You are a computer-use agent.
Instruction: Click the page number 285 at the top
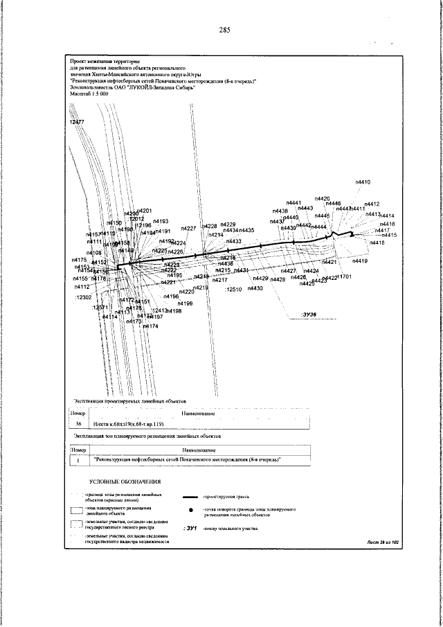click(x=224, y=30)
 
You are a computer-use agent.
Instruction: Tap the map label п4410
click(x=363, y=182)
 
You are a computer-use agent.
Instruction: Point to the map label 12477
click(x=77, y=122)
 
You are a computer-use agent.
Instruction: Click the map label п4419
click(x=360, y=262)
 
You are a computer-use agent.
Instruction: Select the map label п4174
click(x=150, y=325)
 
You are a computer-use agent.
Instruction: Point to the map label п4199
click(x=185, y=303)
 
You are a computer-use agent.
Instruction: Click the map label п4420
click(x=322, y=199)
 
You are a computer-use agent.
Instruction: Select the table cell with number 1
click(x=79, y=459)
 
